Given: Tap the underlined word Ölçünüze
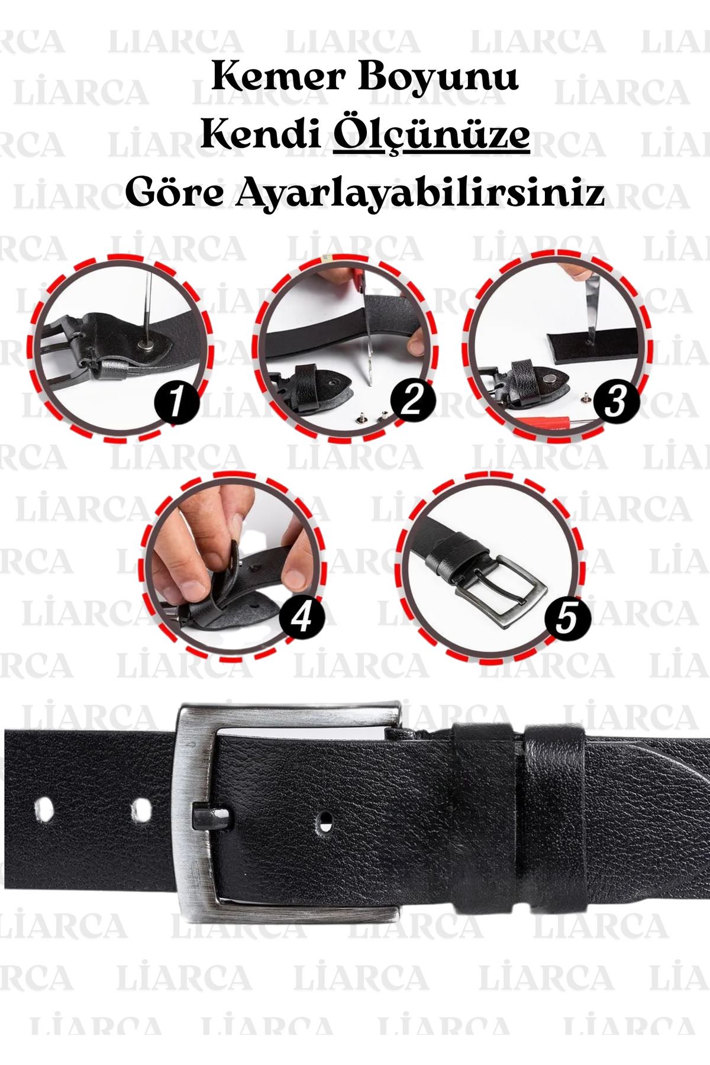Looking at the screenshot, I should point(431,136).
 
